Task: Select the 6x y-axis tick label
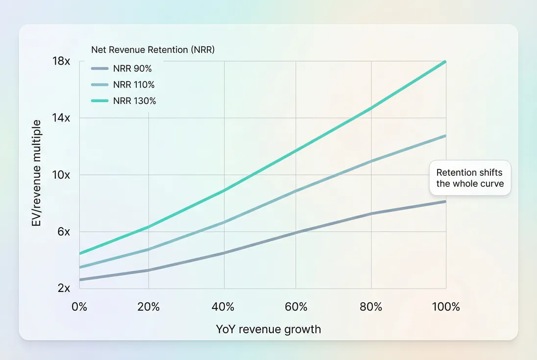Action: (64, 232)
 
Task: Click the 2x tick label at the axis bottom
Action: (64, 288)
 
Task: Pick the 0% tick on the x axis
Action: (79, 307)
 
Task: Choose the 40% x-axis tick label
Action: (223, 307)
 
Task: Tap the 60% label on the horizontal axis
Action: (296, 307)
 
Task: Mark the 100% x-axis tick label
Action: (446, 307)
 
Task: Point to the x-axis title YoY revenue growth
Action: (268, 329)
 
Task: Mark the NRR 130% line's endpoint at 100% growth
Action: (445, 62)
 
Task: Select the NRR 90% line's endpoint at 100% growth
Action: (445, 201)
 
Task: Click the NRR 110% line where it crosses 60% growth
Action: (296, 191)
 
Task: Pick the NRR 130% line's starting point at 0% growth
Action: (79, 253)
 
